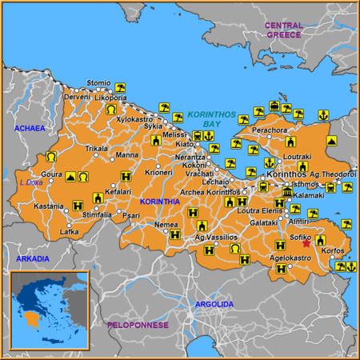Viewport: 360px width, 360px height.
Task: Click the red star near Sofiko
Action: point(306,242)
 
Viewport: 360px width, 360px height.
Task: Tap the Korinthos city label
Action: point(286,174)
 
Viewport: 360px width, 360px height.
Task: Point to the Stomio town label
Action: point(98,82)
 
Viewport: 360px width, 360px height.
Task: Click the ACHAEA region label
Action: point(30,128)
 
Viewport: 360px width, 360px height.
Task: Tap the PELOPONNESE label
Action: point(138,325)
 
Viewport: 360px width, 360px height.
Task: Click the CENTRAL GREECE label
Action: point(283,30)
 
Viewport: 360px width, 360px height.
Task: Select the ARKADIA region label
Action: point(32,258)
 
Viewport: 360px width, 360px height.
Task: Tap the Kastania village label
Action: point(48,206)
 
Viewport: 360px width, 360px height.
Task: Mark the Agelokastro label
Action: point(290,258)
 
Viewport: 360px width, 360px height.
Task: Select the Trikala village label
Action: point(97,149)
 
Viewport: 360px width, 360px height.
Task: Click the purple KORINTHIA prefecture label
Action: point(160,202)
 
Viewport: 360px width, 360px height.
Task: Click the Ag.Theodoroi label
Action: point(333,174)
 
